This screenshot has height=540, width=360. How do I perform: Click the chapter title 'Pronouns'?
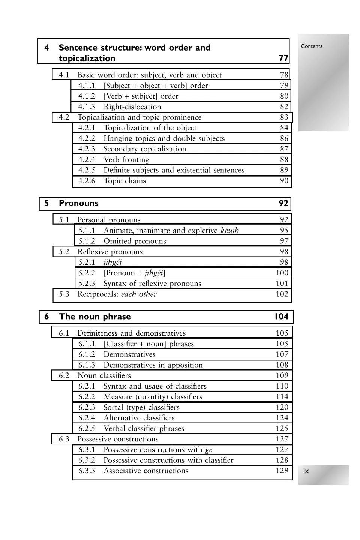tap(78, 203)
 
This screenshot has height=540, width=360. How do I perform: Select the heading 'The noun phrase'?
tap(95, 316)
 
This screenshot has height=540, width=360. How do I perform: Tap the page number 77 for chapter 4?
tap(283, 58)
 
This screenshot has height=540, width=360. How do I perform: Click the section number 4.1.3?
tap(87, 106)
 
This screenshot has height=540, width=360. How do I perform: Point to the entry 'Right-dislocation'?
tap(132, 106)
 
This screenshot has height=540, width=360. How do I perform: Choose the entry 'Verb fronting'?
tap(126, 160)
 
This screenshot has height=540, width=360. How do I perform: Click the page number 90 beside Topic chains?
tap(284, 181)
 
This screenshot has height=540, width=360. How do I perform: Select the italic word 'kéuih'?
tap(229, 230)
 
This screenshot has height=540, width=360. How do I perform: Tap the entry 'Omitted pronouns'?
tap(135, 241)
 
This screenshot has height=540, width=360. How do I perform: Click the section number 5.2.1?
tap(87, 262)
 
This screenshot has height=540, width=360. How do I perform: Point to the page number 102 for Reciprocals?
tap(282, 294)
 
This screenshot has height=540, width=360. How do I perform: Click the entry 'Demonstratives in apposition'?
tap(153, 365)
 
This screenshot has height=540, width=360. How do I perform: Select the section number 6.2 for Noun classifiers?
tap(64, 375)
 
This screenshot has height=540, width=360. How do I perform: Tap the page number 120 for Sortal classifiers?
tap(282, 407)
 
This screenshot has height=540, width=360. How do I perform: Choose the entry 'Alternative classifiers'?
tap(139, 418)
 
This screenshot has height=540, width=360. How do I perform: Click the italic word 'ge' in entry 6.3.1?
tap(209, 450)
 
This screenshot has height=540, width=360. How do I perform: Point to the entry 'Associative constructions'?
tap(146, 471)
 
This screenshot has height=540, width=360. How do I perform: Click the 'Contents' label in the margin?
tap(312, 46)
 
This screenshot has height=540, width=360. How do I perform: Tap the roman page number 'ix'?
tap(306, 471)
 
